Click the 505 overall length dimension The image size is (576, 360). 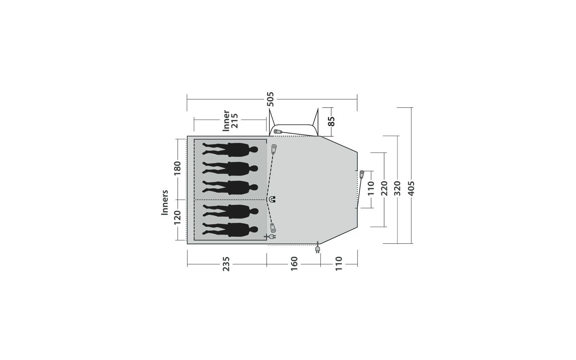270,99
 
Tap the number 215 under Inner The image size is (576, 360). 234,121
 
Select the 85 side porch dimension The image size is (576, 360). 332,121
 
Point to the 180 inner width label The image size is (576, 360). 177,168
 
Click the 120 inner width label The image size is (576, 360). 177,217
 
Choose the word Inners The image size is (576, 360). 165,202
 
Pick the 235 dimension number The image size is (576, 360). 226,264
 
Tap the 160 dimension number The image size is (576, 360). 294,264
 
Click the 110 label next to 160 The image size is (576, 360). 339,264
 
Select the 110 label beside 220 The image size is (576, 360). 371,188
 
